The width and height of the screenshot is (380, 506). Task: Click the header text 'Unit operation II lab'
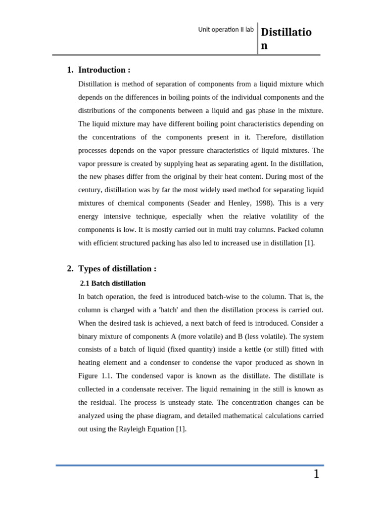pyautogui.click(x=226, y=30)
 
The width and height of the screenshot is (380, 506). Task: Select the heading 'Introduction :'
pyautogui.click(x=104, y=70)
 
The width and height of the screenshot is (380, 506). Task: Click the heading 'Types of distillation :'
pyautogui.click(x=117, y=269)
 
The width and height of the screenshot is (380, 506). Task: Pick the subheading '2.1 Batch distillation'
pyautogui.click(x=113, y=283)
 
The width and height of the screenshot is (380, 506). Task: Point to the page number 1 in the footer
pyautogui.click(x=316, y=474)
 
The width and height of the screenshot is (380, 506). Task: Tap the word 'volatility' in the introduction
pyautogui.click(x=271, y=216)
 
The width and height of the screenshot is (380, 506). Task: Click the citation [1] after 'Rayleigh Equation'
pyautogui.click(x=181, y=429)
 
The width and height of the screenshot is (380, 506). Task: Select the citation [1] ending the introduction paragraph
pyautogui.click(x=309, y=243)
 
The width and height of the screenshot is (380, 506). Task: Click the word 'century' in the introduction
pyautogui.click(x=90, y=190)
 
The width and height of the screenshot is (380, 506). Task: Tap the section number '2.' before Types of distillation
pyautogui.click(x=70, y=269)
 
